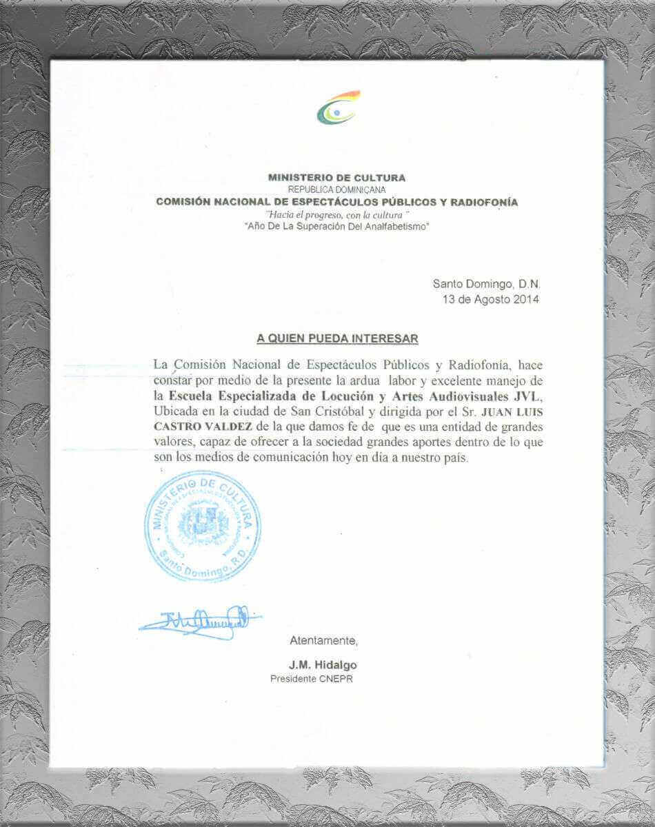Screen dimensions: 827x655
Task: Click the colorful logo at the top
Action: click(x=338, y=108)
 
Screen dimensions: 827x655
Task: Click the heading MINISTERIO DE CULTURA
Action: click(x=336, y=177)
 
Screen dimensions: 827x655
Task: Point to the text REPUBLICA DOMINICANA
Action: click(x=336, y=189)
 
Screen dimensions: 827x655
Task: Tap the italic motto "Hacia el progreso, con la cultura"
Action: click(x=337, y=215)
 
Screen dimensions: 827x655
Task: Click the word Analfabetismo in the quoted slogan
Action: click(x=397, y=227)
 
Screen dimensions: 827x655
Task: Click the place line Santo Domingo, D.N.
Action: click(x=487, y=283)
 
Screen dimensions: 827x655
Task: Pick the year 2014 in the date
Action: click(x=526, y=299)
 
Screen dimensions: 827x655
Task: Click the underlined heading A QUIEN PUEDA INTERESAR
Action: click(x=337, y=338)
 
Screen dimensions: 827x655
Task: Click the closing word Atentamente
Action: click(x=323, y=641)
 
